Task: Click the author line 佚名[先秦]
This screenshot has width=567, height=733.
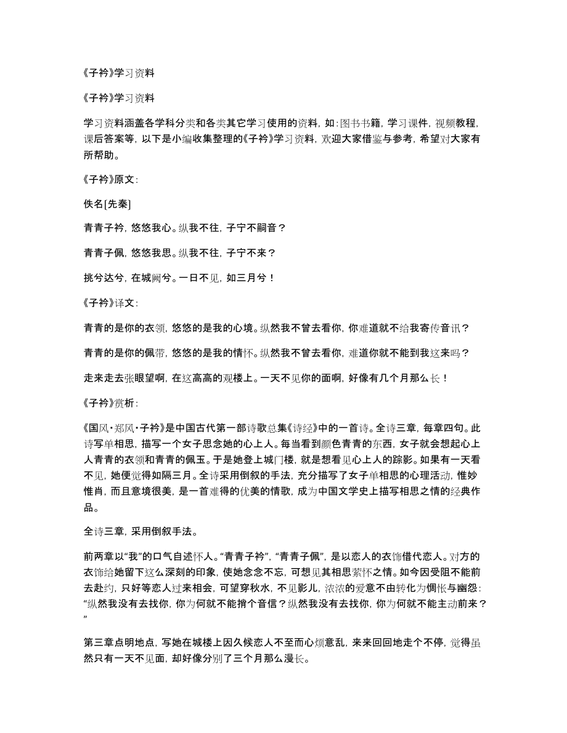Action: [x=107, y=204]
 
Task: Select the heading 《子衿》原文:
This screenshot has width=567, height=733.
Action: [x=110, y=179]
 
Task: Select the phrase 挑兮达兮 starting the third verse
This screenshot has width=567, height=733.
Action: [x=103, y=277]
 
